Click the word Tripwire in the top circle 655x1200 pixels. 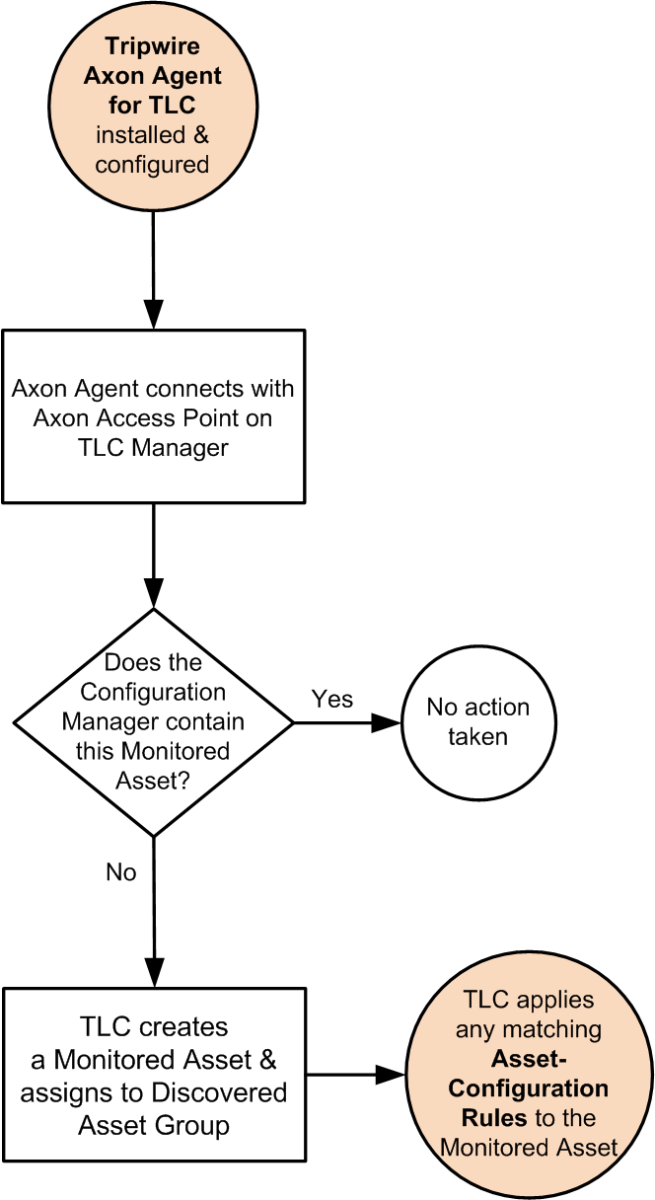click(153, 47)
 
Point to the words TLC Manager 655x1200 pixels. click(153, 447)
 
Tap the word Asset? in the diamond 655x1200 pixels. click(153, 781)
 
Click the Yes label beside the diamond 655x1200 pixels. click(332, 699)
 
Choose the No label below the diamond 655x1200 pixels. click(120, 872)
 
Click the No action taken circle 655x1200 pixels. click(477, 721)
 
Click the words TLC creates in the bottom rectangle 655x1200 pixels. click(153, 1026)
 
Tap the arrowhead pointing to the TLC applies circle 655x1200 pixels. click(394, 1074)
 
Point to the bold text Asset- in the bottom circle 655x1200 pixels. click(528, 1059)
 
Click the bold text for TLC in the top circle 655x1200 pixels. click(153, 105)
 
